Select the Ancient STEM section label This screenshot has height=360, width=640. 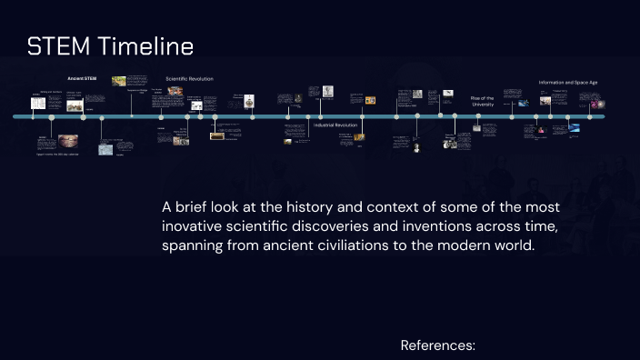[82, 79]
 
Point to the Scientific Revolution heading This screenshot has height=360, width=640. [189, 79]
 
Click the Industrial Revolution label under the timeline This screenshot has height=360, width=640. [335, 125]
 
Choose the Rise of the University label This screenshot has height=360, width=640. [482, 100]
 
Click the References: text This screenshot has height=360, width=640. [438, 345]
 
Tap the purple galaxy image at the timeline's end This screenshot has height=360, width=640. [600, 105]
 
